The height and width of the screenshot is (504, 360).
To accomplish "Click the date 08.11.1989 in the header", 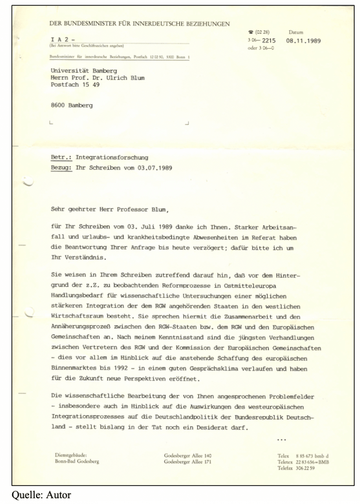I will (x=305, y=41).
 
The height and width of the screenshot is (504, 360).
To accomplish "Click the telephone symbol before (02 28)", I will (x=250, y=33).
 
